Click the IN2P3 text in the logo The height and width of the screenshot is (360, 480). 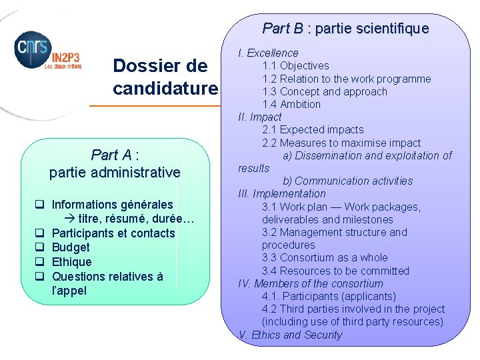point(61,59)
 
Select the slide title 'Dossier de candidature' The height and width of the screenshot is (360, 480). point(165,77)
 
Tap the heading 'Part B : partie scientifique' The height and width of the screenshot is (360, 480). point(345,29)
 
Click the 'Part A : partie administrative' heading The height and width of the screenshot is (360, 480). point(115,163)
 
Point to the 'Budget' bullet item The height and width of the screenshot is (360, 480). point(71,247)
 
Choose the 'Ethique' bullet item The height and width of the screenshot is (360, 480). point(71,262)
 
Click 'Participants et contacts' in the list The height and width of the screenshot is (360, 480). point(113,233)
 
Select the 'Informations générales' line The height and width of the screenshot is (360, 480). point(112,205)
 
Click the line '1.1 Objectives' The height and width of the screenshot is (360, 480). point(295,65)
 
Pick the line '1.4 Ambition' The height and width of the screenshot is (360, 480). point(291,104)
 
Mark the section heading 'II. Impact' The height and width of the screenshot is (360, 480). point(260,117)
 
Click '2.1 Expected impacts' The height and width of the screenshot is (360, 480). point(313,129)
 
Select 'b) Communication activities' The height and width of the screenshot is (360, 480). point(347,181)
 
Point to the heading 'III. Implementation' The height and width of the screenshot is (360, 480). point(282,193)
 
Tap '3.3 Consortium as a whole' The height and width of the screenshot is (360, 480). point(325,257)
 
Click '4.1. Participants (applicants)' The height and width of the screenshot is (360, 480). point(329,296)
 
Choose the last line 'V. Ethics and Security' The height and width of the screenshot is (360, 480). point(290,335)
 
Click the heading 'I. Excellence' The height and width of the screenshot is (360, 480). point(268,53)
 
